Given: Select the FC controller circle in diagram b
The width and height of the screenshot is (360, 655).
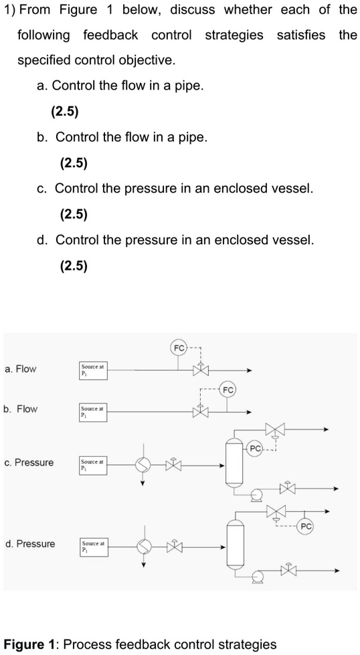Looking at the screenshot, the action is (228, 390).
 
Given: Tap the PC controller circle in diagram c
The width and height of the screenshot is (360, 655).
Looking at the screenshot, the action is (255, 449).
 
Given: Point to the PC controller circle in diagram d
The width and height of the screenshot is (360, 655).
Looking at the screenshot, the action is (306, 526).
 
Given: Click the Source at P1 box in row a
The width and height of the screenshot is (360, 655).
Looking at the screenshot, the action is (93, 371).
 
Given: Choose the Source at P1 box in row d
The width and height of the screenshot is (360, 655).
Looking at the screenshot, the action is (94, 548).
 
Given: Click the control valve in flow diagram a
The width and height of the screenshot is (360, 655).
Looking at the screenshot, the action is (201, 369).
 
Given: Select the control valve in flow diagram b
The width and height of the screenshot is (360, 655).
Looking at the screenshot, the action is (201, 411).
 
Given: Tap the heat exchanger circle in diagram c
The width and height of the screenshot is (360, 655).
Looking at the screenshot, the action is (143, 465).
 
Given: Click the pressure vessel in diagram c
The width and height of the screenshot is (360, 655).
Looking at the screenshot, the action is (234, 462).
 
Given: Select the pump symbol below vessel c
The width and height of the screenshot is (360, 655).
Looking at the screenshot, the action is (256, 496).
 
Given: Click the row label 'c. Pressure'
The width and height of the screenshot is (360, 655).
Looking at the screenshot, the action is (29, 462).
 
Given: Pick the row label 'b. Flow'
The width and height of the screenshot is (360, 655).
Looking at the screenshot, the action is (21, 409).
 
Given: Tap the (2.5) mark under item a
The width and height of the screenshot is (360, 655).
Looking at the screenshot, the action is (65, 112).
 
